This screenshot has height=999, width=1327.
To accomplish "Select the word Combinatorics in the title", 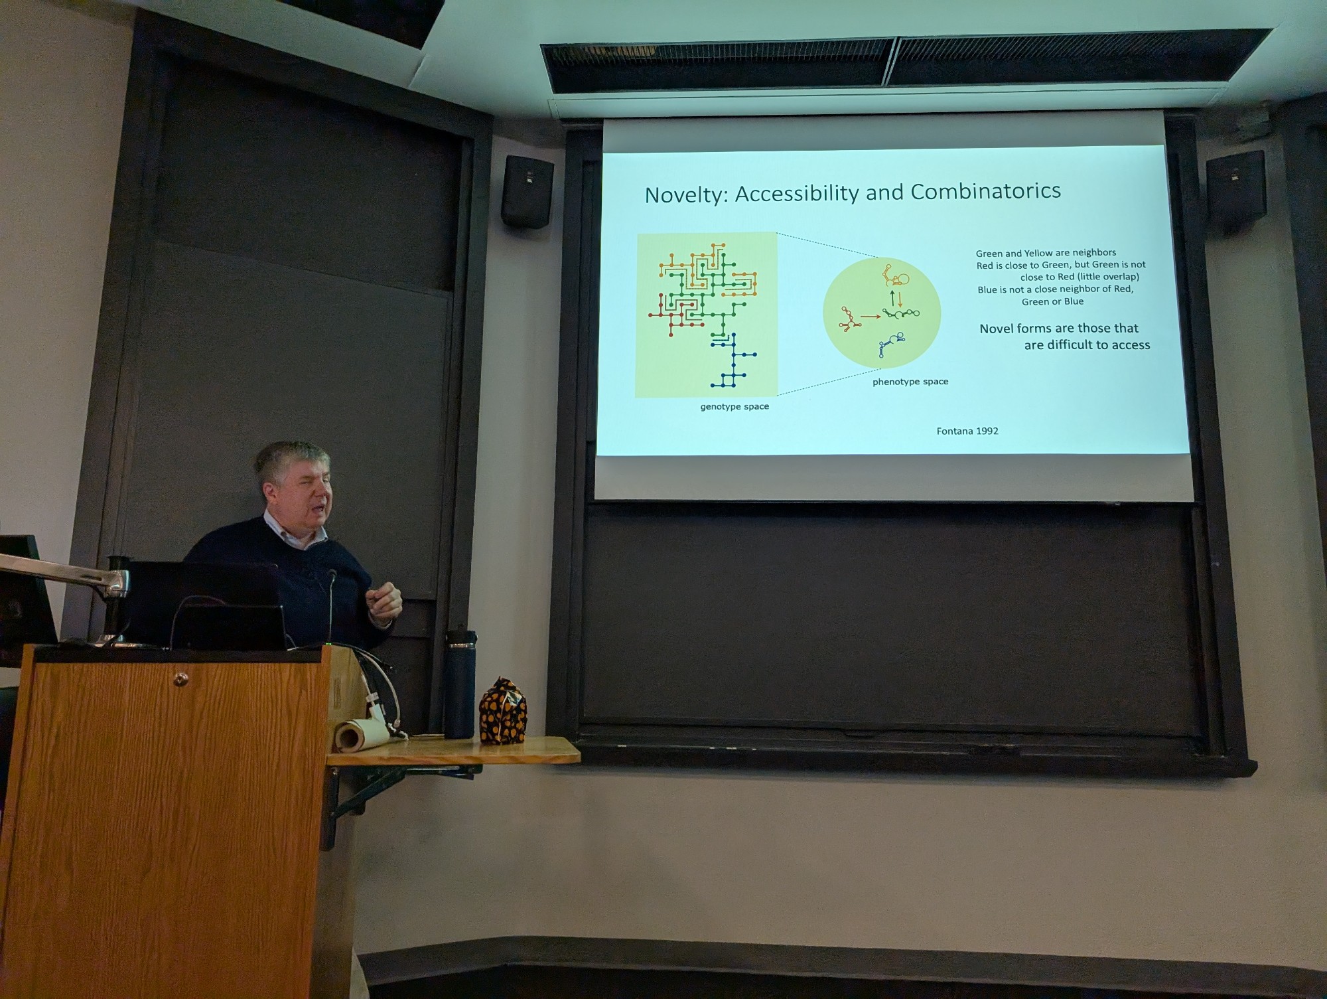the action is [x=986, y=191].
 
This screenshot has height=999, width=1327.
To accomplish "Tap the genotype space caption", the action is [x=734, y=406].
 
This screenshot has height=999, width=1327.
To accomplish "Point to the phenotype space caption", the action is [x=910, y=382].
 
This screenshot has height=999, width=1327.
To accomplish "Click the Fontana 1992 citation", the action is [x=967, y=431].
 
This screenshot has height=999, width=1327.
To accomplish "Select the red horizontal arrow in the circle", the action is [x=871, y=317].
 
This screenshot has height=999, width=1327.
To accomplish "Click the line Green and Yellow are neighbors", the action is [x=1046, y=253].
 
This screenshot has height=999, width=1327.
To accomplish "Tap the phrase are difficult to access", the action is [x=1087, y=345].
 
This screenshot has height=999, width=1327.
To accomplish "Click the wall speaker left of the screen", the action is [x=527, y=192].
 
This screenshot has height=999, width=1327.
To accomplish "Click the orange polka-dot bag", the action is [x=502, y=710].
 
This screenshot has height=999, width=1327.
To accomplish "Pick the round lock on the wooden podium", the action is [x=179, y=679].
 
